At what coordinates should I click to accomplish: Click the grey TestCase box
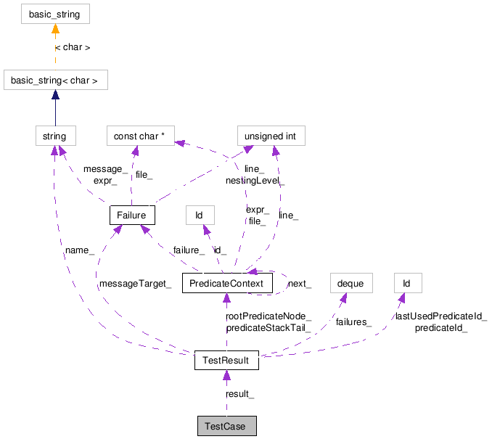pyautogui.click(x=226, y=426)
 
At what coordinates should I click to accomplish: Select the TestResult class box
pyautogui.click(x=226, y=360)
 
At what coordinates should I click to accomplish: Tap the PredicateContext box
pyautogui.click(x=226, y=282)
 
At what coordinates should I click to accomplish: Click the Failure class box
pyautogui.click(x=131, y=216)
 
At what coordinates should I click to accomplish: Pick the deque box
pyautogui.click(x=350, y=282)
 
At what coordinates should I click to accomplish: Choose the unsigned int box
pyautogui.click(x=271, y=136)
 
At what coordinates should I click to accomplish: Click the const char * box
pyautogui.click(x=142, y=136)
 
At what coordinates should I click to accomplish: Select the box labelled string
pyautogui.click(x=55, y=136)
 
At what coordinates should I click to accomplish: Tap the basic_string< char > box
pyautogui.click(x=56, y=80)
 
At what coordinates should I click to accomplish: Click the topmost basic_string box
pyautogui.click(x=55, y=14)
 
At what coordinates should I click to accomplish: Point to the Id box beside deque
pyautogui.click(x=407, y=282)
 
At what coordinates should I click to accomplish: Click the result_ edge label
pyautogui.click(x=240, y=393)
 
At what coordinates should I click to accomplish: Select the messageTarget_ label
pyautogui.click(x=135, y=284)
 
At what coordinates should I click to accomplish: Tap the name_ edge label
pyautogui.click(x=80, y=250)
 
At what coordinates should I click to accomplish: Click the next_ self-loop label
pyautogui.click(x=300, y=284)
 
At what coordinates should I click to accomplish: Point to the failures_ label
pyautogui.click(x=353, y=322)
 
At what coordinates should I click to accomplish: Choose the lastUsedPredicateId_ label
pyautogui.click(x=440, y=316)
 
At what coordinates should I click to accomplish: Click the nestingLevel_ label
pyautogui.click(x=255, y=180)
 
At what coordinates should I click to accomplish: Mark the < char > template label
pyautogui.click(x=73, y=47)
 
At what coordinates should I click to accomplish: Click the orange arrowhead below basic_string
pyautogui.click(x=55, y=30)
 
